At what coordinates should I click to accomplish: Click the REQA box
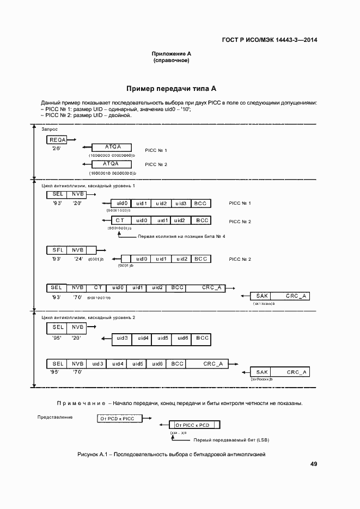click(58, 140)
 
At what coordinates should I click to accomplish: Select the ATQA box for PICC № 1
click(112, 147)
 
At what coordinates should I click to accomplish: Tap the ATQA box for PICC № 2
click(112, 164)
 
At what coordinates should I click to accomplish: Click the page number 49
click(314, 464)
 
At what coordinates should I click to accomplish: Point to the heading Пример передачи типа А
click(172, 88)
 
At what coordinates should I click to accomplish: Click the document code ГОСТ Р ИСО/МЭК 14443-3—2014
click(270, 40)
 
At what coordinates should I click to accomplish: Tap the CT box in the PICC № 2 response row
click(120, 220)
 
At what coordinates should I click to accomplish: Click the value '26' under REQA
click(56, 149)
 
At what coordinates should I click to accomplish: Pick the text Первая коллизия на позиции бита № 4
click(181, 236)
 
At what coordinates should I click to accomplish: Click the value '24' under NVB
click(78, 259)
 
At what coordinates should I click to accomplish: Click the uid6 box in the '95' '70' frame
click(157, 364)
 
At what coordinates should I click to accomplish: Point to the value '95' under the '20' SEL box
click(56, 338)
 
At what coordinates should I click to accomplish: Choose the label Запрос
click(50, 129)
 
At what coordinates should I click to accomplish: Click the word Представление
click(55, 417)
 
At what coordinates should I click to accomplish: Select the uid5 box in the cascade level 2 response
click(162, 338)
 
